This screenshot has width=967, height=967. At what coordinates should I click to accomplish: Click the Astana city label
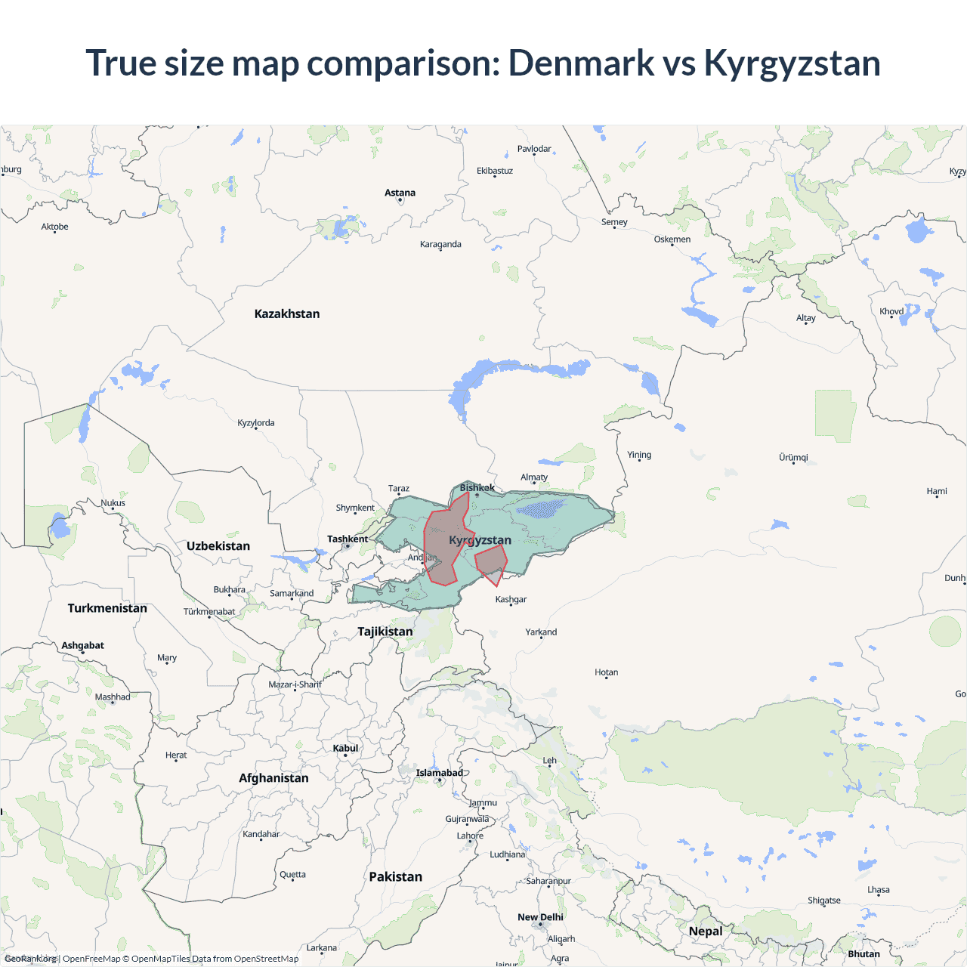[x=400, y=193]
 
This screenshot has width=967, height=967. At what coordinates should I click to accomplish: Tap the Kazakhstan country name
[x=287, y=314]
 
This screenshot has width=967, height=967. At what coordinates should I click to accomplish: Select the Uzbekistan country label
[x=218, y=545]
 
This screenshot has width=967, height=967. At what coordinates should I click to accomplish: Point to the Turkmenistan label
[x=107, y=608]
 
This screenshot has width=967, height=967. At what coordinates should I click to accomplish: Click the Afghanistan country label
[x=273, y=778]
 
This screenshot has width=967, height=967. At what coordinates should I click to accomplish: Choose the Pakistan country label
[x=396, y=876]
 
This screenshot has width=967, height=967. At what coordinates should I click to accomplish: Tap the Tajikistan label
[x=385, y=632]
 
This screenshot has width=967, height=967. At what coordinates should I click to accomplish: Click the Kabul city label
[x=345, y=748]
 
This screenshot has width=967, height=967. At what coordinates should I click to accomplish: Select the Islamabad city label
[x=439, y=773]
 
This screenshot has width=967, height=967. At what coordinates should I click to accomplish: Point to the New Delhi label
[x=540, y=917]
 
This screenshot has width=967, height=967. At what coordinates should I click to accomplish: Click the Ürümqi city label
[x=793, y=457]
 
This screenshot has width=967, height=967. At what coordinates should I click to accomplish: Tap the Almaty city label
[x=534, y=477]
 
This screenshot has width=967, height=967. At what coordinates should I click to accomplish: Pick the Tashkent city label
[x=348, y=539]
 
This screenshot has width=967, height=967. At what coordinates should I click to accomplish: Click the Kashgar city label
[x=511, y=599]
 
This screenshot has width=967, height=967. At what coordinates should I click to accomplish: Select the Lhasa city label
[x=879, y=889]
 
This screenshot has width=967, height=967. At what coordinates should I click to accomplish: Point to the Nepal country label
[x=706, y=931]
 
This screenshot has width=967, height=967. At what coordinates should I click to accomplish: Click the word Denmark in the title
[x=581, y=63]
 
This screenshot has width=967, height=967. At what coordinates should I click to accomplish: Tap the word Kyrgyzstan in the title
[x=792, y=63]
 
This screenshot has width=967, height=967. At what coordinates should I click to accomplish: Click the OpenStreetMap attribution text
[x=266, y=959]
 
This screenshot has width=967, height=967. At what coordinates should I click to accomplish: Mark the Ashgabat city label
[x=83, y=645]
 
